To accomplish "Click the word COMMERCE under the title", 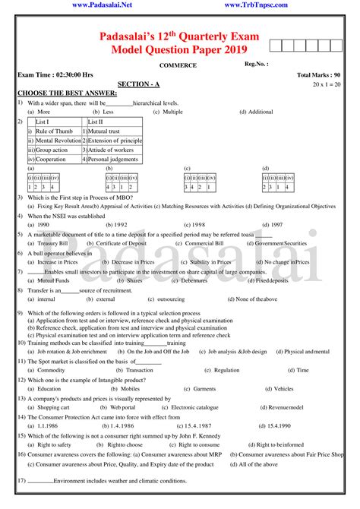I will [178, 65].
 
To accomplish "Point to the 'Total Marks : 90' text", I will [320, 76].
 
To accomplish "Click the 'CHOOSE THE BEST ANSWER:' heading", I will [62, 93].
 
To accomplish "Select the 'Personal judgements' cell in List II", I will [114, 160].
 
